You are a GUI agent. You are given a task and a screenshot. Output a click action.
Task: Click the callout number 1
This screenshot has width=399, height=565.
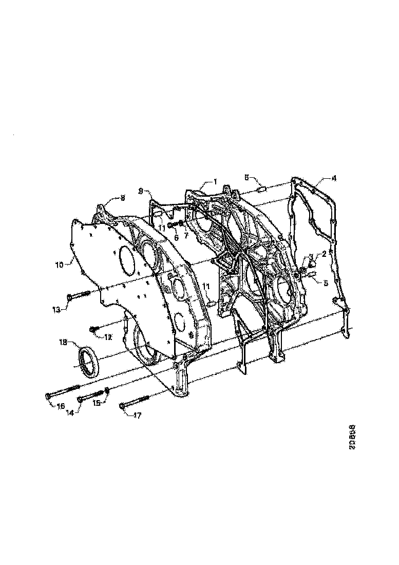215,182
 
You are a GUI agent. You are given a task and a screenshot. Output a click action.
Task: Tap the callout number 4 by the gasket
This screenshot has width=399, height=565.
334,179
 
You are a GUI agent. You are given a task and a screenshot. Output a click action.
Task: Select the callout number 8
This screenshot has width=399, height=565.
123,197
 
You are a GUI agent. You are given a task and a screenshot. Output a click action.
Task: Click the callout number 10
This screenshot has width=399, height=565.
60,265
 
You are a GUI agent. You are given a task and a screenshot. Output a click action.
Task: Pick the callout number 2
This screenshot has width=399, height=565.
324,254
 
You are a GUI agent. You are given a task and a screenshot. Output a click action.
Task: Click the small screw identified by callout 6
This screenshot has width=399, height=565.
172,225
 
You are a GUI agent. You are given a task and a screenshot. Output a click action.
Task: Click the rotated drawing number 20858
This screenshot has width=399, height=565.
352,437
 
